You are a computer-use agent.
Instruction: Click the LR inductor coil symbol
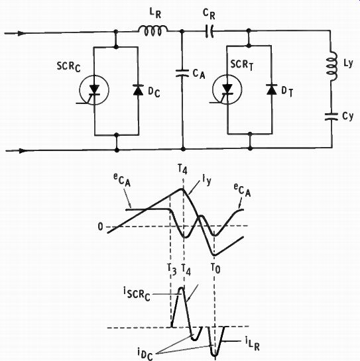(x=153, y=31)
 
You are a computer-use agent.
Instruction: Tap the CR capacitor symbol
(x=210, y=31)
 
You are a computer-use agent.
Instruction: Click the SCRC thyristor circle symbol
(x=94, y=90)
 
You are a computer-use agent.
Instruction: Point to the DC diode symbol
(x=138, y=90)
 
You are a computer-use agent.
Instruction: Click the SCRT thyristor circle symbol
(x=227, y=89)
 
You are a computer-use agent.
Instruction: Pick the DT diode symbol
(x=271, y=89)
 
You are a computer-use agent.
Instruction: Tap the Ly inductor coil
(x=332, y=66)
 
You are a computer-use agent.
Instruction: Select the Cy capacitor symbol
(x=331, y=117)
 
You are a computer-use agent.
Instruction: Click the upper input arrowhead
(x=21, y=33)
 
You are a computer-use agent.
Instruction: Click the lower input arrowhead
(x=23, y=151)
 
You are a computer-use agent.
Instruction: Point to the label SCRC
(x=69, y=67)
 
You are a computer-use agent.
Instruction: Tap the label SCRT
(x=242, y=64)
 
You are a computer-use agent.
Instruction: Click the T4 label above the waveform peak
(x=183, y=170)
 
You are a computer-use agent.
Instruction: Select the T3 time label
(x=172, y=270)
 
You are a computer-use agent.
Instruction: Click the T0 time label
(x=215, y=268)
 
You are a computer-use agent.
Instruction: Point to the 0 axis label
(x=100, y=227)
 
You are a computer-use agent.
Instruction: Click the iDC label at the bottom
(x=145, y=354)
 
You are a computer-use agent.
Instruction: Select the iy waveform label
(x=207, y=181)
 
